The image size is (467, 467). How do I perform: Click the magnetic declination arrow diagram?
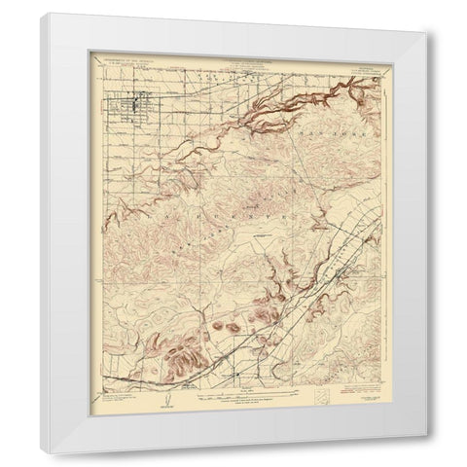(167, 401)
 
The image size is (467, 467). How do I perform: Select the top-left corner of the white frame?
(45, 15)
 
